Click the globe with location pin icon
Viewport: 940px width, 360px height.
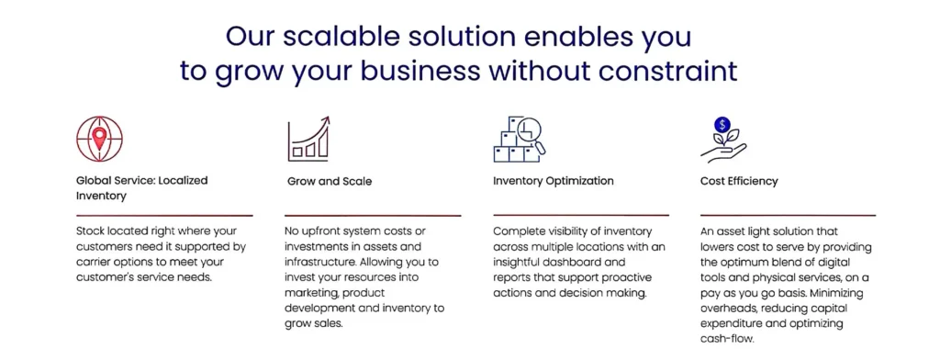(x=99, y=140)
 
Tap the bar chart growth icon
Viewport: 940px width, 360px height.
(x=308, y=140)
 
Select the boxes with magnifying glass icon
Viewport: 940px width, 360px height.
(x=520, y=140)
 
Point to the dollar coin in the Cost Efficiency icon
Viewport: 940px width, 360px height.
(x=722, y=125)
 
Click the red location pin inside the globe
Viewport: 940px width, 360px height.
(x=99, y=138)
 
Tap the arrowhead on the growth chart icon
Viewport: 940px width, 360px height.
(x=325, y=121)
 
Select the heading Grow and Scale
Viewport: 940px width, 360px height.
(x=330, y=181)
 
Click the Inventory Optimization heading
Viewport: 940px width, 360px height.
(x=554, y=181)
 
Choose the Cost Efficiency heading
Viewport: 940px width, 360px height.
(x=739, y=181)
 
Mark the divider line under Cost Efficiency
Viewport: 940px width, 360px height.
(x=788, y=215)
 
